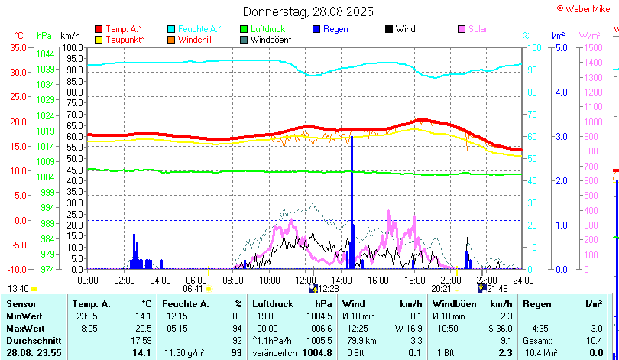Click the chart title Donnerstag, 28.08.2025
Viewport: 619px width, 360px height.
[x=308, y=11]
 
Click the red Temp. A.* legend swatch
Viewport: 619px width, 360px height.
[x=99, y=29]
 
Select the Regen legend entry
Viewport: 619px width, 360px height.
[x=335, y=29]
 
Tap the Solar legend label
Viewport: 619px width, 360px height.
[x=478, y=29]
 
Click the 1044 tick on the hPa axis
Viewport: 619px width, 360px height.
[x=45, y=54]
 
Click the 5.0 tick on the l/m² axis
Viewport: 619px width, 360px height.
[x=559, y=47]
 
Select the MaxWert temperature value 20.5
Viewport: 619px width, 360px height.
[x=141, y=328]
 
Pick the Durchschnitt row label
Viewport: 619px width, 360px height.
[x=30, y=340]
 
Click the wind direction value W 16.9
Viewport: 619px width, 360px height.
[x=387, y=328]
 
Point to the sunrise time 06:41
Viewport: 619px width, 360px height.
[x=193, y=289]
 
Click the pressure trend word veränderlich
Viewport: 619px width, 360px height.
[x=275, y=352]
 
